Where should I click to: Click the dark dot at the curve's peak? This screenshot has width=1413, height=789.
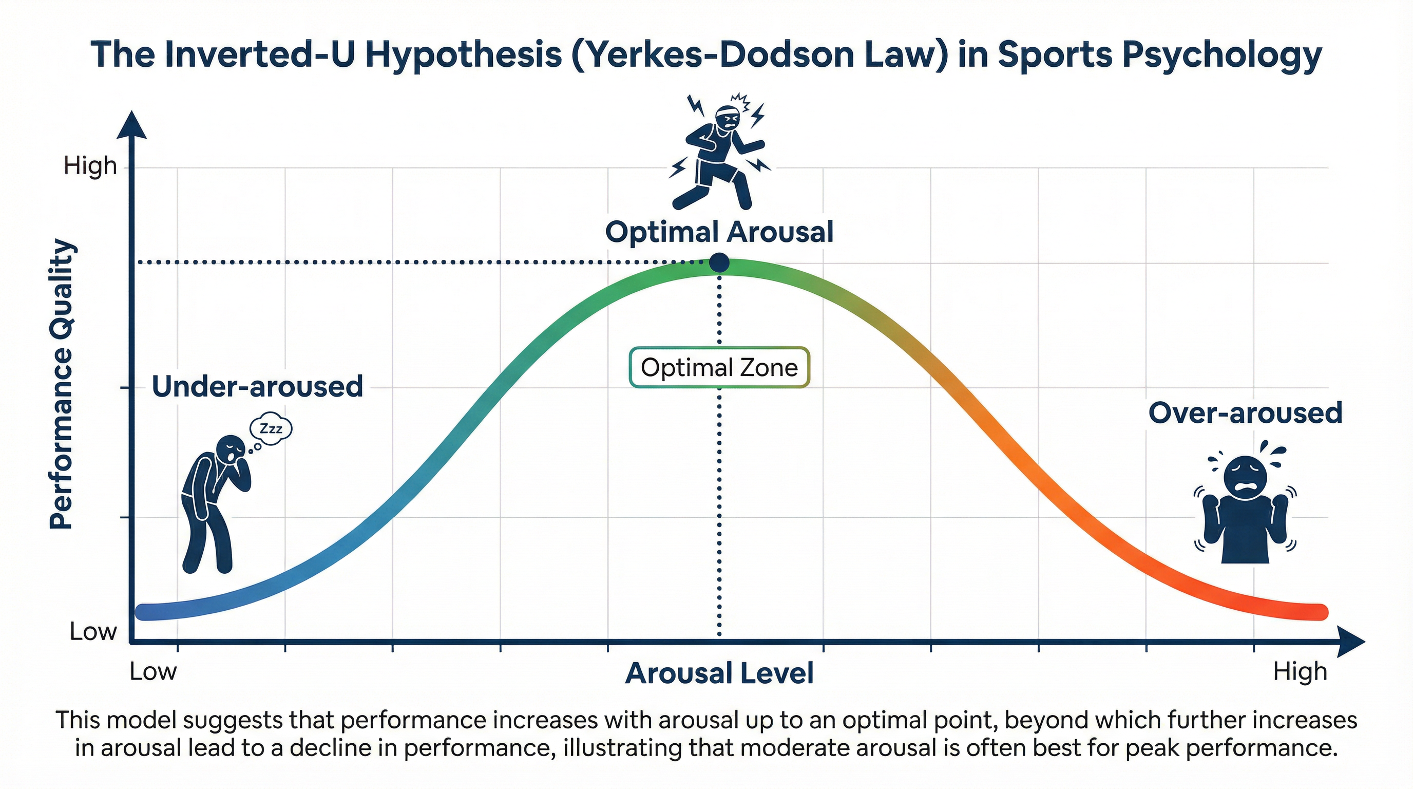coord(719,263)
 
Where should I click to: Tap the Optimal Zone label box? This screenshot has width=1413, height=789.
coord(719,368)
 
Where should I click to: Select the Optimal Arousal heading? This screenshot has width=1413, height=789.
coord(719,232)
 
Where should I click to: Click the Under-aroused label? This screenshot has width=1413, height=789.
coord(257,386)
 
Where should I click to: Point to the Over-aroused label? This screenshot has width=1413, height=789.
coord(1245,412)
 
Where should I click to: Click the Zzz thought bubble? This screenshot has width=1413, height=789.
coord(271,428)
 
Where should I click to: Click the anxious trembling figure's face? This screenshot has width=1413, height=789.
coord(1245,475)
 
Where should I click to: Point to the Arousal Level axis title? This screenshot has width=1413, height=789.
coord(719,673)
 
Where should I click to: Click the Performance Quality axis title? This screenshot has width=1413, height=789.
coord(62,384)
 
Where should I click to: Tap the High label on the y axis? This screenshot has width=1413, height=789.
coord(90,166)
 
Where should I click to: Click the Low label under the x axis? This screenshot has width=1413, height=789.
coord(153,671)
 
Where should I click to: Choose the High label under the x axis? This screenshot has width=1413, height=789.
coord(1300,671)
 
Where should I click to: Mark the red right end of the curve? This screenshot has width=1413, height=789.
coord(1316,611)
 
